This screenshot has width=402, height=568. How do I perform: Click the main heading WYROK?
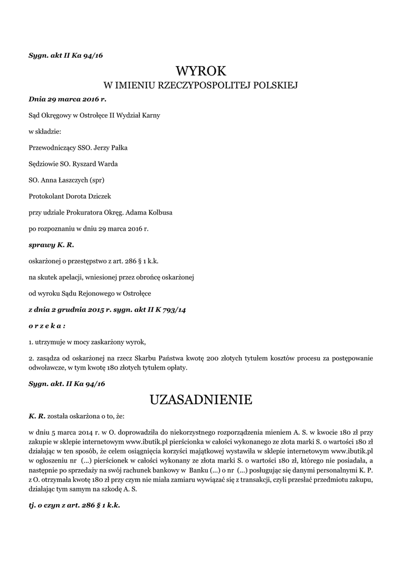201,71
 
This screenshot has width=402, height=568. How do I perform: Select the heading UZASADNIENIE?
201,399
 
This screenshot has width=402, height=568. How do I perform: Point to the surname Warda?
105,164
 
